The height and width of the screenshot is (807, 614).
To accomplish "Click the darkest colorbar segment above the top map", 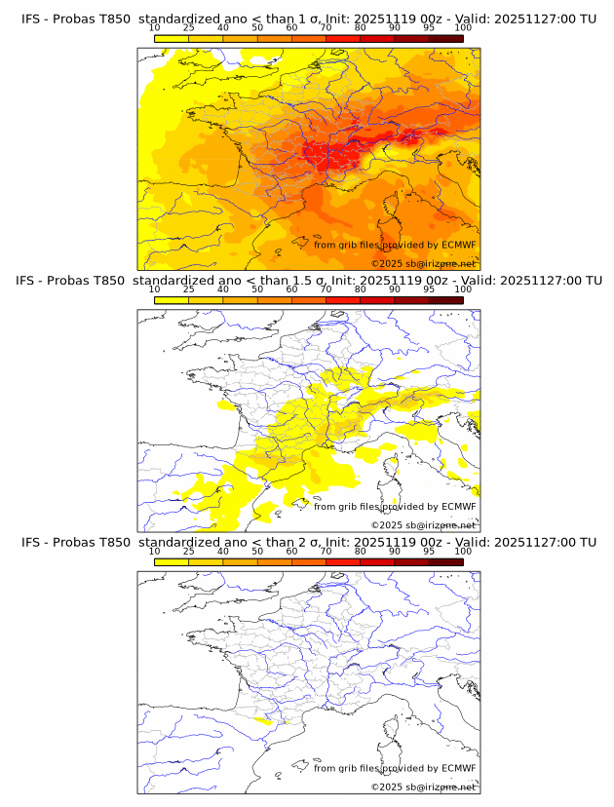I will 445,38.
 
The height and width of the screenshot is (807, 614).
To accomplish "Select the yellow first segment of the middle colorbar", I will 172,299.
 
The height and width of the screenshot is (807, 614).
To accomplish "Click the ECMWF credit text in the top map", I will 395,246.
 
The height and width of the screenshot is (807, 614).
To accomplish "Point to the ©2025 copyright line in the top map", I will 423,264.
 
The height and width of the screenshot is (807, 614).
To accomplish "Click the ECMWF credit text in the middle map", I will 395,507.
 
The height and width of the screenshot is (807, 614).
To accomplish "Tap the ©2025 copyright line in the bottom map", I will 423,787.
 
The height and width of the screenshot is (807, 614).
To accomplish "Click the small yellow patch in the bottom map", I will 264,721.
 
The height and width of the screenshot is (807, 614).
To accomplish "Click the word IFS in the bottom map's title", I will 31,542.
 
